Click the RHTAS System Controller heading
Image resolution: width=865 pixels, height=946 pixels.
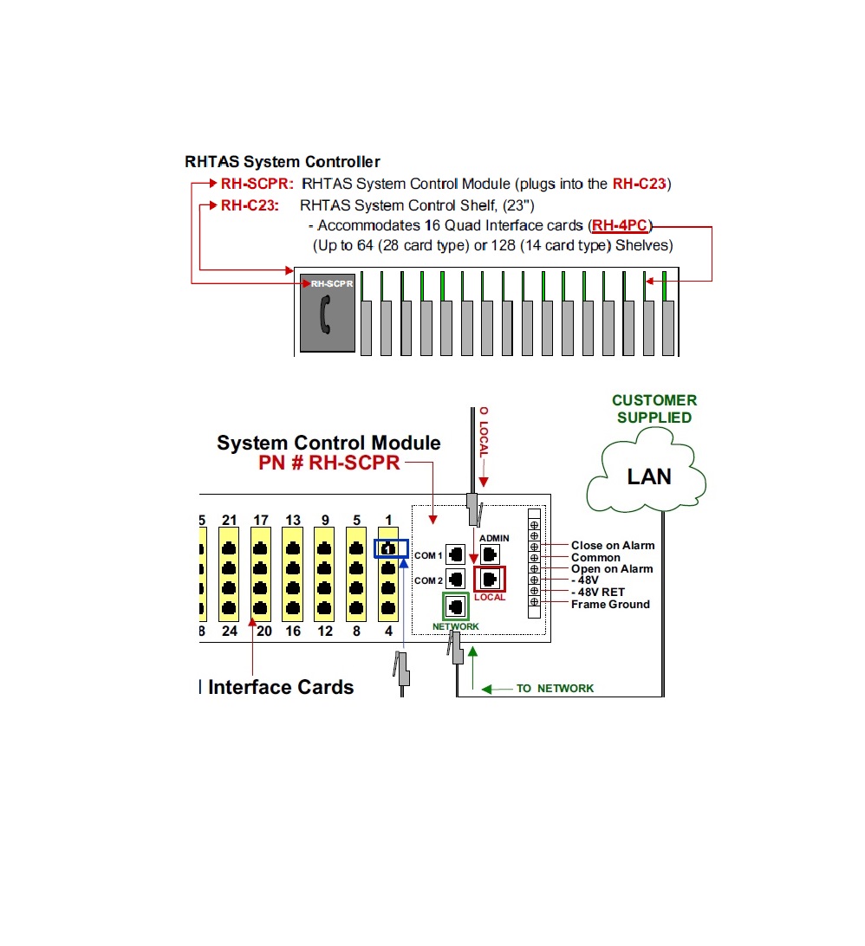(x=283, y=162)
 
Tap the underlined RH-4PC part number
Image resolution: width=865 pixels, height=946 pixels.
(x=620, y=225)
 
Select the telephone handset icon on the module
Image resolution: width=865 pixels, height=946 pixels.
(x=325, y=314)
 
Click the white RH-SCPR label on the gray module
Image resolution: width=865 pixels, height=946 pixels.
(x=332, y=283)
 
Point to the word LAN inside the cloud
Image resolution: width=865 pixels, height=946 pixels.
(x=649, y=476)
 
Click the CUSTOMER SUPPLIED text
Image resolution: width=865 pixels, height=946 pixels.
(x=654, y=409)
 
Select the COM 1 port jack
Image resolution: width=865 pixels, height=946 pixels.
(x=456, y=554)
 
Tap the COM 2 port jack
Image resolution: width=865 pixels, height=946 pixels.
(x=456, y=580)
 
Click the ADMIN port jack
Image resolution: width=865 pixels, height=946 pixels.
(x=490, y=554)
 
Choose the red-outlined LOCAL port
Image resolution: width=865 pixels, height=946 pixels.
(x=490, y=580)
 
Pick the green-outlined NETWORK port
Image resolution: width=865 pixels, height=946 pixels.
(x=456, y=606)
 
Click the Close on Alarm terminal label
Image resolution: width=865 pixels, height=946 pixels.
(x=613, y=546)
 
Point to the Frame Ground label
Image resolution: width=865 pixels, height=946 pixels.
(x=610, y=605)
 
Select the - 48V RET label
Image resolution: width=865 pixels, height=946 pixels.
(x=597, y=593)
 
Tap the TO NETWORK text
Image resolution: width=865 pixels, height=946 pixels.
(x=555, y=689)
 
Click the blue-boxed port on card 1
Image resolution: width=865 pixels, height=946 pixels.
(x=391, y=548)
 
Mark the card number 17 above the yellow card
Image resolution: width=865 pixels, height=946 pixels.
(x=261, y=520)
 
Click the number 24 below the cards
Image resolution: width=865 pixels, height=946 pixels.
(x=230, y=631)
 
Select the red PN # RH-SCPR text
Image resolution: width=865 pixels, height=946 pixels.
(x=329, y=463)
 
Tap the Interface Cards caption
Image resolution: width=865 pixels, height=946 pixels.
(x=281, y=687)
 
